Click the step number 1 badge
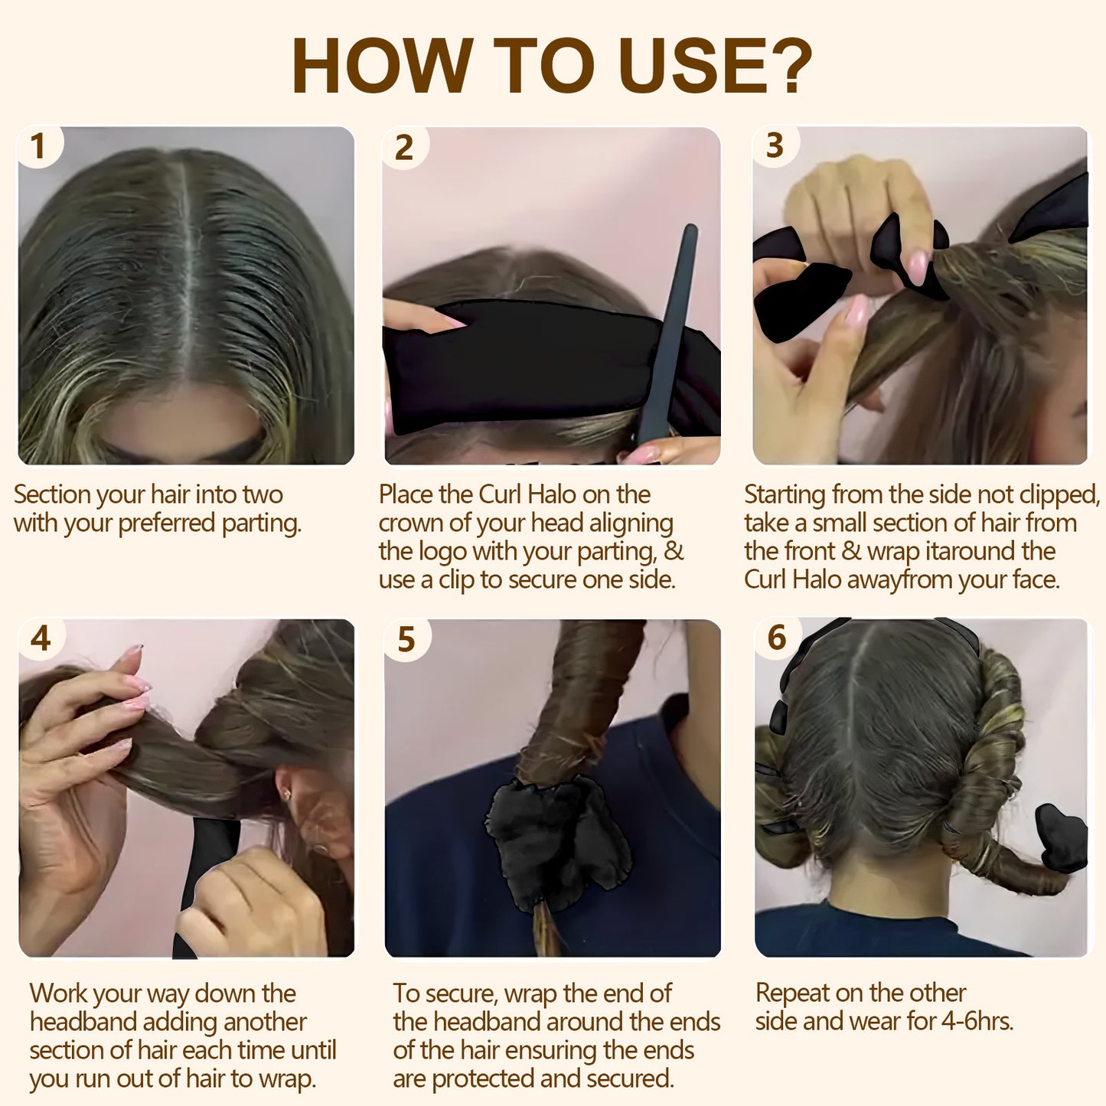38,146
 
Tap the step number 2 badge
404,147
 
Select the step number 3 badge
775,145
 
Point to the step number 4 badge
41,638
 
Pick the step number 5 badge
406,639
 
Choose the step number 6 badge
777,638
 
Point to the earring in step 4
286,794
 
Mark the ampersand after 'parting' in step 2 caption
673,551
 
